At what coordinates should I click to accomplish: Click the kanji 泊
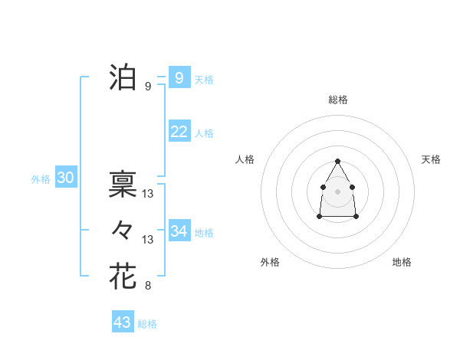pos(123,77)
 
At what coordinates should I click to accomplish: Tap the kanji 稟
pos(123,184)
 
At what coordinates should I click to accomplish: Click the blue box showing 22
pos(179,132)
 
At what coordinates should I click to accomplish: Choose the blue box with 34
pos(179,231)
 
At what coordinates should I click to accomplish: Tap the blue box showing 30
pos(66,178)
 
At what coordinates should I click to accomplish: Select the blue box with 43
pos(123,322)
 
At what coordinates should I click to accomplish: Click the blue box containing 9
pos(179,78)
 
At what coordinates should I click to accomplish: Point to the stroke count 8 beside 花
pos(148,286)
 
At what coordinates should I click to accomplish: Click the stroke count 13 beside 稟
pos(148,193)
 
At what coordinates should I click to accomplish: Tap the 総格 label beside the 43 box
pos(148,324)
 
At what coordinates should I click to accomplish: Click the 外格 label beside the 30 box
pos(41,179)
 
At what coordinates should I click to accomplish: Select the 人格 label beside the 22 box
pos(205,133)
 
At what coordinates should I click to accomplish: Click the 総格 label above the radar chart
pos(338,100)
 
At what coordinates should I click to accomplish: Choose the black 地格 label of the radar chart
pos(402,262)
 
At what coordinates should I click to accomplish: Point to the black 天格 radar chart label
pos(432,159)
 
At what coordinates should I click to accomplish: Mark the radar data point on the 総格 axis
pos(338,161)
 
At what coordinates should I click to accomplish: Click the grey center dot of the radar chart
pos(338,191)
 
